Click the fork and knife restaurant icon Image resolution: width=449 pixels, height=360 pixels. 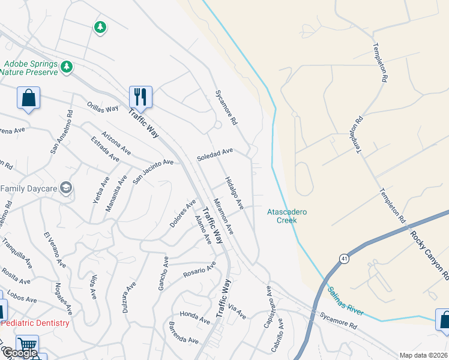click(x=140, y=96)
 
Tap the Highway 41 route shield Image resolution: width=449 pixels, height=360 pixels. click(x=343, y=259)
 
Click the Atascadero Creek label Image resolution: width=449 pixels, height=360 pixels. click(x=282, y=216)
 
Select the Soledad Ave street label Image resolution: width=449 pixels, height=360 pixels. click(x=215, y=155)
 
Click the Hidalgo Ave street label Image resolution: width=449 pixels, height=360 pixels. click(x=234, y=193)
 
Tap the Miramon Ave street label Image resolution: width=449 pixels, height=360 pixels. click(x=223, y=217)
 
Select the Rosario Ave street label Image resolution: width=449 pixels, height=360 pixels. click(x=199, y=271)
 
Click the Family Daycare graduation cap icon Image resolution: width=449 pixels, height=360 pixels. click(x=66, y=188)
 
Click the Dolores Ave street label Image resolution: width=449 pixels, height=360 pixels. click(x=182, y=214)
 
